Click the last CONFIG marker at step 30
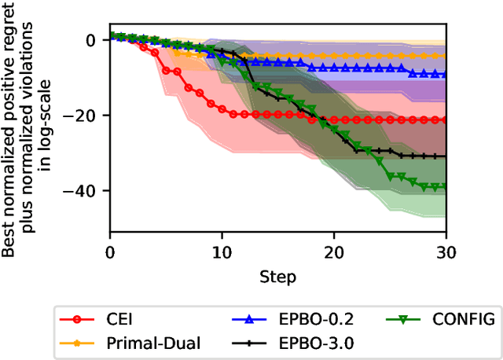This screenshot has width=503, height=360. click(x=446, y=186)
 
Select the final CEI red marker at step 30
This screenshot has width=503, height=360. click(x=446, y=119)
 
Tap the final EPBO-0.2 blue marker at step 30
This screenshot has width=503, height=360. click(x=446, y=75)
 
